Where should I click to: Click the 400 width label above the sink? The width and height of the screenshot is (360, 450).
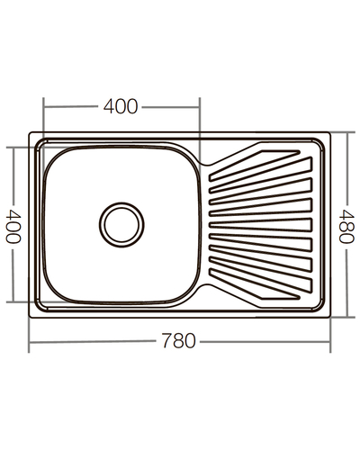(121, 106)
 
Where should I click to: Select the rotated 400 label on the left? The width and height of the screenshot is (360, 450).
(13, 225)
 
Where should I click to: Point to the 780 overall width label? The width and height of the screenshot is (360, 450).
(180, 342)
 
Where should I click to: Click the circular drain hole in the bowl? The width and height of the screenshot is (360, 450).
(121, 222)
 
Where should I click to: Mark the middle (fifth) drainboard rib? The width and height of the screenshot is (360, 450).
(260, 224)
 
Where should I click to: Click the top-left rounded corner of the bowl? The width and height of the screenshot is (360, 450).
(51, 154)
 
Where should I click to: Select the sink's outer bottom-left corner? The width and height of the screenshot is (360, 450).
(32, 316)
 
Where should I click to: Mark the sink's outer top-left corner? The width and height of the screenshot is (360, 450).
(32, 135)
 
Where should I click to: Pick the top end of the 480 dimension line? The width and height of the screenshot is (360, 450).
(346, 133)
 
